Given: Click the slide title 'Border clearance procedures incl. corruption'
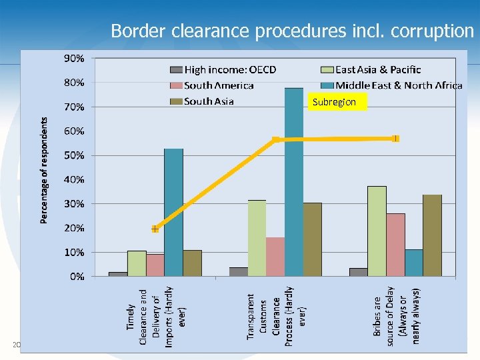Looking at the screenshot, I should pyautogui.click(x=292, y=31).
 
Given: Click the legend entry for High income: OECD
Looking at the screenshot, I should pyautogui.click(x=223, y=69).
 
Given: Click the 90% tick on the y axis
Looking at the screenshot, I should pyautogui.click(x=73, y=58).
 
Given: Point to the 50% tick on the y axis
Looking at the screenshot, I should pyautogui.click(x=73, y=155).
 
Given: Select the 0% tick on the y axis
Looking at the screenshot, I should pyautogui.click(x=76, y=276).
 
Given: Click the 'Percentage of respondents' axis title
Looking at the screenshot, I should pyautogui.click(x=44, y=170).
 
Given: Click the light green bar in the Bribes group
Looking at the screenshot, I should pyautogui.click(x=377, y=231).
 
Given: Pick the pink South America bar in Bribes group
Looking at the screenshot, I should pyautogui.click(x=395, y=245).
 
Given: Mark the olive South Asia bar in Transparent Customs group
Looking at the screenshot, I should pyautogui.click(x=312, y=239).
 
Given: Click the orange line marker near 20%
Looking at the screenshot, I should pyautogui.click(x=155, y=229).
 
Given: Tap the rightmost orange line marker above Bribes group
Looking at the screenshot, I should pyautogui.click(x=395, y=139).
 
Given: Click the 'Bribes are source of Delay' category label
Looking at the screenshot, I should pyautogui.click(x=397, y=316).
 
